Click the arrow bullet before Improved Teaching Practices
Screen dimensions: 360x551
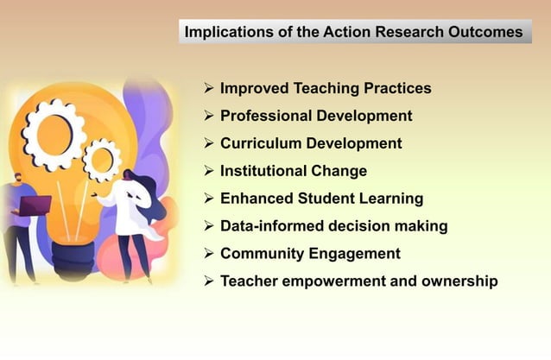pyautogui.click(x=208, y=88)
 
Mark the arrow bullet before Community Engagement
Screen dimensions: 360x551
pyautogui.click(x=208, y=254)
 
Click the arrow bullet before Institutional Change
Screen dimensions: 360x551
pyautogui.click(x=208, y=171)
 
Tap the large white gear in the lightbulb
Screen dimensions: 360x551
pyautogui.click(x=54, y=134)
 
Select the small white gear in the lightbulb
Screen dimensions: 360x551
pyautogui.click(x=102, y=160)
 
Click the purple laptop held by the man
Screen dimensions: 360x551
pyautogui.click(x=36, y=205)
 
